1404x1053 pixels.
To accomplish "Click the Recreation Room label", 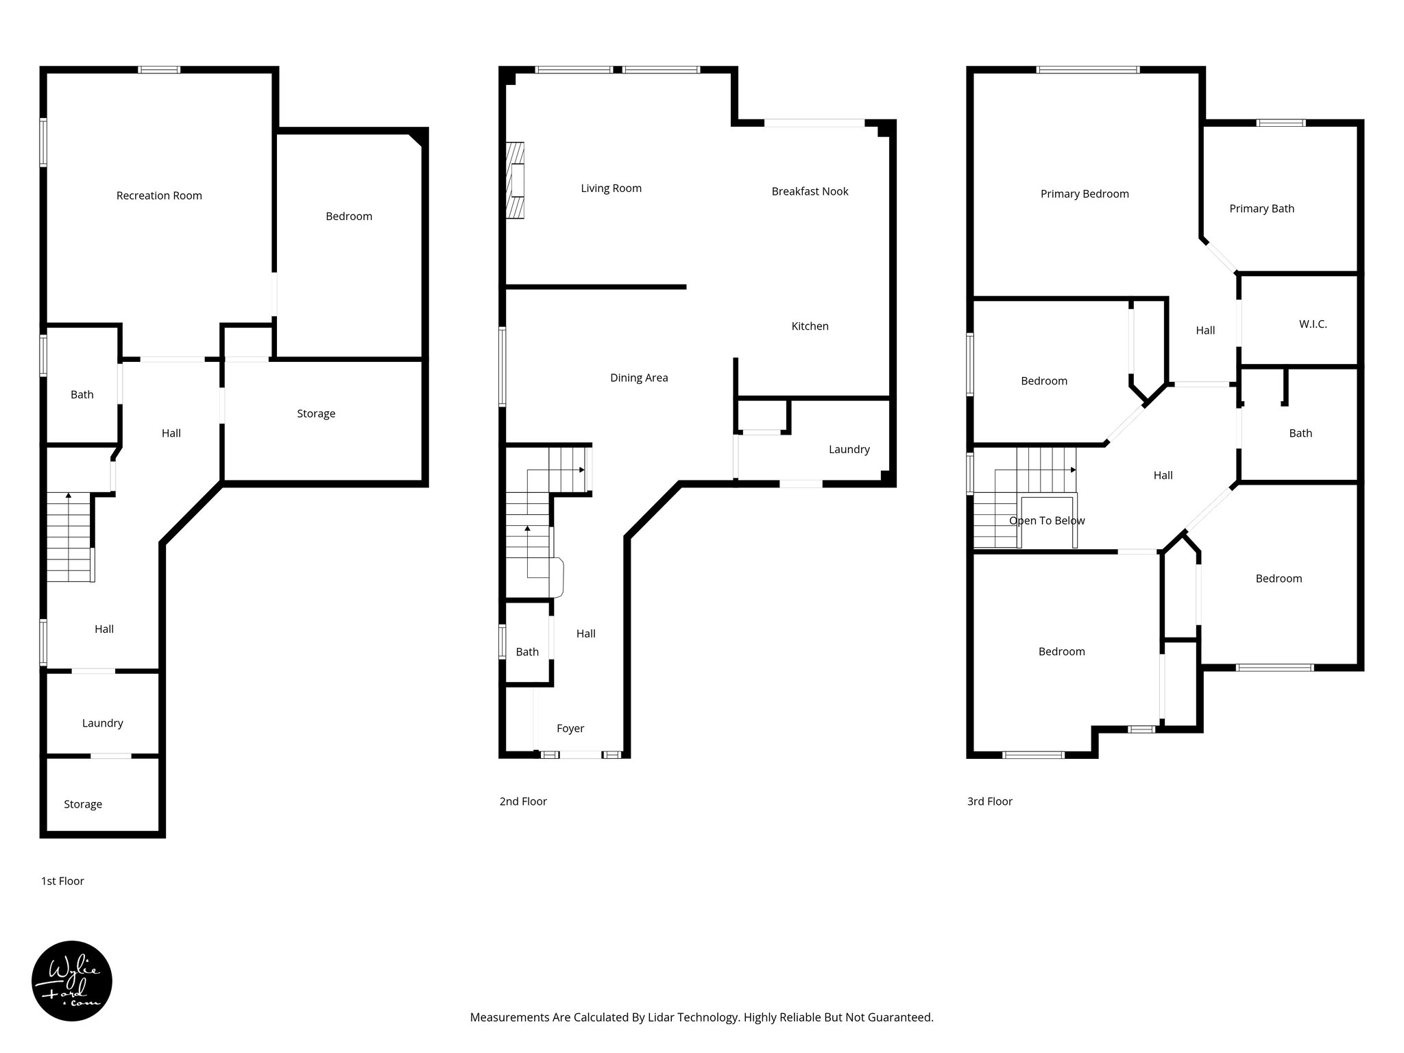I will pyautogui.click(x=159, y=195).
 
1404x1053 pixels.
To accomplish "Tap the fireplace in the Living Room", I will pyautogui.click(x=515, y=180).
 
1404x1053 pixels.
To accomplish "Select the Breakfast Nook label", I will pyautogui.click(x=810, y=191).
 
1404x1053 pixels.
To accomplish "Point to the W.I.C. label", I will pyautogui.click(x=1313, y=324).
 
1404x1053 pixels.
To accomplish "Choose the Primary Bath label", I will pyautogui.click(x=1261, y=208).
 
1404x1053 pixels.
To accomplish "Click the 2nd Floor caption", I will pyautogui.click(x=523, y=801).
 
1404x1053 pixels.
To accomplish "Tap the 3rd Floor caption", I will pyautogui.click(x=989, y=801).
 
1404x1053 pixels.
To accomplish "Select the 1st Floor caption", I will pyautogui.click(x=62, y=881).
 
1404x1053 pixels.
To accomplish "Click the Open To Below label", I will pyautogui.click(x=1047, y=520).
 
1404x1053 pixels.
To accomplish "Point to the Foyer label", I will pyautogui.click(x=570, y=728).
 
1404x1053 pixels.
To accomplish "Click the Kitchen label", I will pyautogui.click(x=810, y=326).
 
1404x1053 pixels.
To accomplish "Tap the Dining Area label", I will pyautogui.click(x=639, y=378).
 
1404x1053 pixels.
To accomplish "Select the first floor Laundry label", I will pyautogui.click(x=103, y=723).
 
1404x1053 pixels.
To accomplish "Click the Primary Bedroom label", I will pyautogui.click(x=1085, y=194).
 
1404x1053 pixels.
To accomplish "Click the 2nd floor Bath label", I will pyautogui.click(x=527, y=652).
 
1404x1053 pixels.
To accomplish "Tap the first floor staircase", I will pyautogui.click(x=69, y=538).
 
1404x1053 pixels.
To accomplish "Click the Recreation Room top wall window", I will pyautogui.click(x=159, y=69).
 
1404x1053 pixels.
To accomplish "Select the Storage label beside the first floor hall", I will pyautogui.click(x=316, y=413).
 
